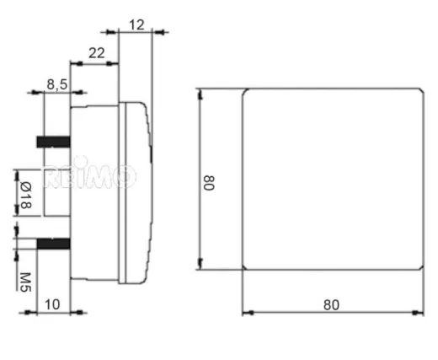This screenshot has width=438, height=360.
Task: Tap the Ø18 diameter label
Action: pos(25,195)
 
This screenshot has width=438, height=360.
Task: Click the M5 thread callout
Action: pos(25,277)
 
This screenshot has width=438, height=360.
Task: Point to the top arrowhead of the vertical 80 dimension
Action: pos(200,93)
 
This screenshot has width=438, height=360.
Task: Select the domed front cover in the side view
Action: pos(137,190)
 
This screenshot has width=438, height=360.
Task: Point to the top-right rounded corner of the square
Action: pos(419,90)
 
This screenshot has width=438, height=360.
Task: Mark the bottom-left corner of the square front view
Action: pos(244,268)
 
